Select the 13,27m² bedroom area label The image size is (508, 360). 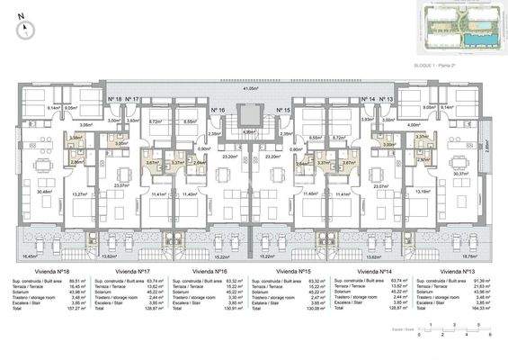pyautogui.click(x=79, y=193)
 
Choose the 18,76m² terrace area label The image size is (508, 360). pyautogui.click(x=465, y=256)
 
